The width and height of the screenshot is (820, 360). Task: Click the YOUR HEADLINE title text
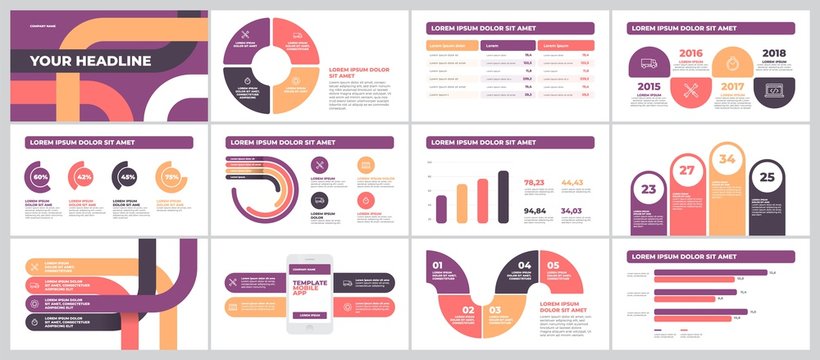click(90, 61)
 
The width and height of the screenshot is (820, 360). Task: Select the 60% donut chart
click(41, 177)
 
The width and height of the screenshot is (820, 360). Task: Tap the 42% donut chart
click(84, 177)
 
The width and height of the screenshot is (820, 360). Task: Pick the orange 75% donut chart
click(171, 177)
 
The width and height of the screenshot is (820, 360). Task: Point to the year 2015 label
click(648, 87)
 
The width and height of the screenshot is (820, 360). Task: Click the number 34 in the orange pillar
click(726, 159)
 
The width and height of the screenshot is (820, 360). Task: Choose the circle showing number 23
click(648, 189)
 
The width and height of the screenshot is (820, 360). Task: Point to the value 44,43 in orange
click(572, 182)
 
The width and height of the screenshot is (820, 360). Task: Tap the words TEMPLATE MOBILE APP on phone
click(309, 290)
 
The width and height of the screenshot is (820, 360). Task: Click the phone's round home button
click(309, 327)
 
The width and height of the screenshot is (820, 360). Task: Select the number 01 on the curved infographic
click(437, 266)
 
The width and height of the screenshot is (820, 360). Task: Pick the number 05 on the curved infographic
click(554, 266)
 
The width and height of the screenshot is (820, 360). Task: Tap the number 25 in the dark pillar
click(766, 177)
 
